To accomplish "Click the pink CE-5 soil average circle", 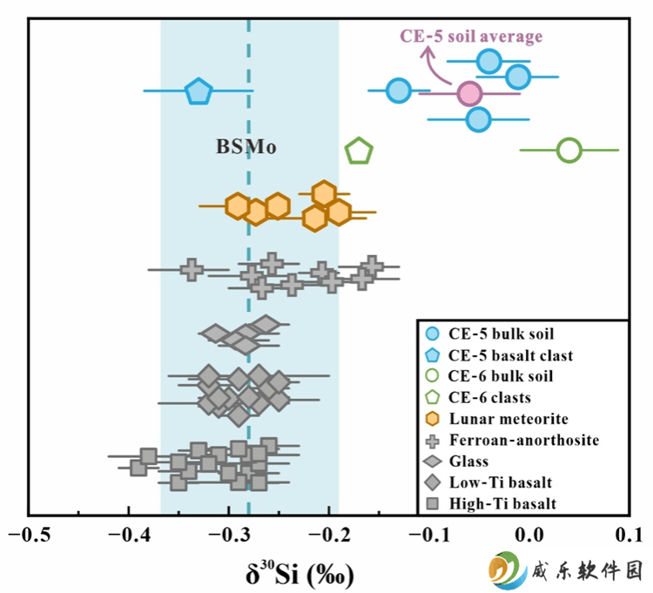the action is [469, 94].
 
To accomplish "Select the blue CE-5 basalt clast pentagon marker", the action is [199, 91].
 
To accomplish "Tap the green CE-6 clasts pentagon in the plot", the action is [359, 151].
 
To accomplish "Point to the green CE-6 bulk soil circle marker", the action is [569, 151].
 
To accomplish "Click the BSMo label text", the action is [246, 146].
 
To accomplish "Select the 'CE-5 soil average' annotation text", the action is [471, 37].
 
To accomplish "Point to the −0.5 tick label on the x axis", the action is [29, 535].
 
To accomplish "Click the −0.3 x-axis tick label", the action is [230, 535].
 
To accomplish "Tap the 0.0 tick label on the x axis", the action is [529, 535].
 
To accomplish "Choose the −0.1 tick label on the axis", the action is [430, 535].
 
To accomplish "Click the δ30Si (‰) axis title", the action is [300, 574].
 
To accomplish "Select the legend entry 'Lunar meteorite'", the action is [496, 419].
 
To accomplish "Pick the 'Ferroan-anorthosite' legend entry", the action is [512, 440].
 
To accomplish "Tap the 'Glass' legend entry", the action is [456, 462].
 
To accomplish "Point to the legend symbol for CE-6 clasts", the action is [433, 397].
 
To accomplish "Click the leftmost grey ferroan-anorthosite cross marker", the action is [192, 269].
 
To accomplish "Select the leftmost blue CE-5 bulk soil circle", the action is [399, 90].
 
